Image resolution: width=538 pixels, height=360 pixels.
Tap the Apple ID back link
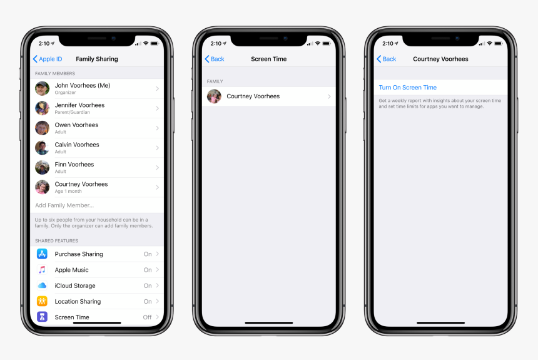(x=48, y=59)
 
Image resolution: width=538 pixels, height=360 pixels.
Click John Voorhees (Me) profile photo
(x=42, y=89)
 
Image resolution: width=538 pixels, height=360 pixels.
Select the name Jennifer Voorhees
(x=79, y=105)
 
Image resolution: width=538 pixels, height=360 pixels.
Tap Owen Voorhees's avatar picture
(x=42, y=128)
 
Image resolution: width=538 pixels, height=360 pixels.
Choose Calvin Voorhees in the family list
(x=77, y=145)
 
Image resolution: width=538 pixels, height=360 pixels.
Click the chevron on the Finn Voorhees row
(x=158, y=168)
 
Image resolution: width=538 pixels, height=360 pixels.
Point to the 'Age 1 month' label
(x=68, y=192)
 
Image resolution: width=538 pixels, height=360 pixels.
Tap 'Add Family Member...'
(x=64, y=205)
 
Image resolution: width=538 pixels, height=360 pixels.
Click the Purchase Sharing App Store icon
(x=42, y=254)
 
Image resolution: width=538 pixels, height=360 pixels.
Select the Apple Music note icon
(x=42, y=270)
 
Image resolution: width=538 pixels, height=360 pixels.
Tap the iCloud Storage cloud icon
(x=42, y=285)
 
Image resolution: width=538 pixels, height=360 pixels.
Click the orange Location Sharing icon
(x=42, y=301)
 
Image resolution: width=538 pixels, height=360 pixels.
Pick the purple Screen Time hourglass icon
(x=42, y=317)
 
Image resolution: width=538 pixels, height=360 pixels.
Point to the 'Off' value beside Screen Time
(x=147, y=317)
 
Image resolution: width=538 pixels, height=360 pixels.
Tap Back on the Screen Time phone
(x=215, y=59)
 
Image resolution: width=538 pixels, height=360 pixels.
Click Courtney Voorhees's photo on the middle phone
(x=214, y=96)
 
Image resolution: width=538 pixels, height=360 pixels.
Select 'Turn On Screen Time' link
(x=408, y=88)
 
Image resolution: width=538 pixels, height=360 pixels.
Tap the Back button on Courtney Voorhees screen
(x=387, y=59)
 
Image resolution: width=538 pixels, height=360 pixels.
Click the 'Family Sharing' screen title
(x=97, y=59)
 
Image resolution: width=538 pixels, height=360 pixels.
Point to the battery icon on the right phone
(x=499, y=44)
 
